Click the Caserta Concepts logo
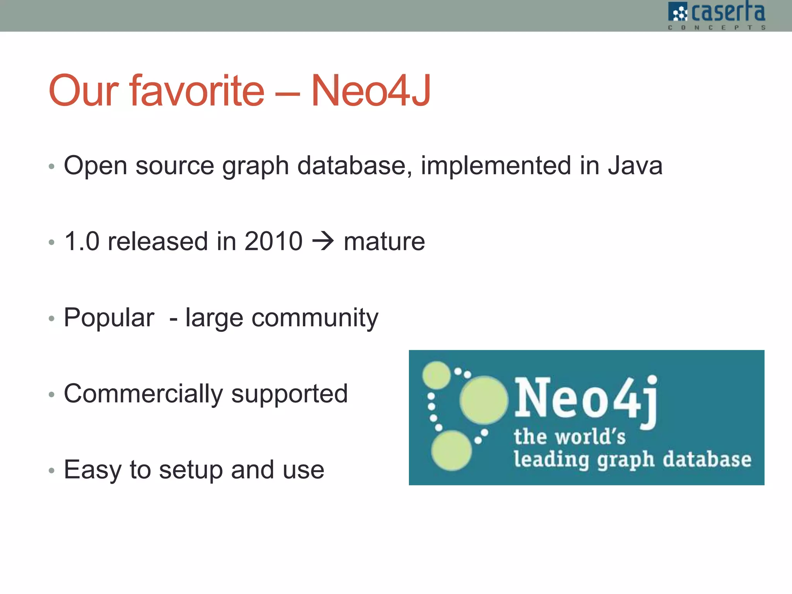tap(717, 15)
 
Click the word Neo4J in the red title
tap(370, 91)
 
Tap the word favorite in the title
tap(197, 91)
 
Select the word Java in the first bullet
tap(635, 166)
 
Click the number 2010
tap(273, 241)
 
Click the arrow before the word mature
tap(323, 241)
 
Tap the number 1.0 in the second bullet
tap(82, 241)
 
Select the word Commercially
tap(143, 394)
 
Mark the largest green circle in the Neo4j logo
tap(483, 400)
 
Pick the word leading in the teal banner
tap(551, 460)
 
